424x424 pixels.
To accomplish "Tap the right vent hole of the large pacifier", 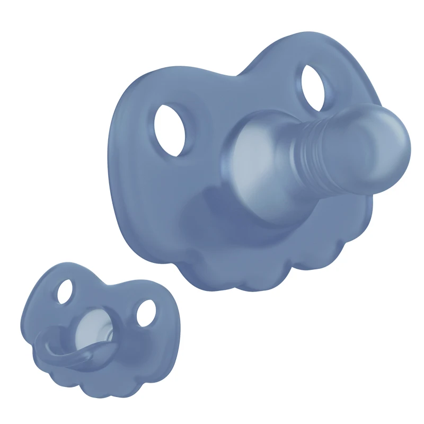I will (317, 87).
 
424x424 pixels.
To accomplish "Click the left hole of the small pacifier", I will (65, 291).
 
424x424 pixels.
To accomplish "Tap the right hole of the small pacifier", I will (145, 313).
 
